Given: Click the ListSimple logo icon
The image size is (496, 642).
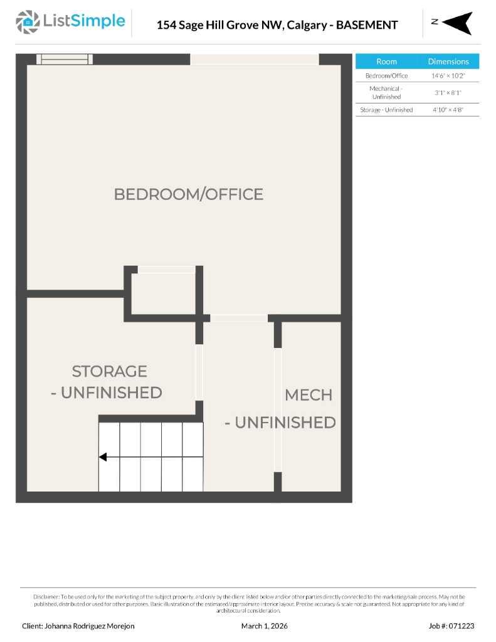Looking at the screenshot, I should [27, 22].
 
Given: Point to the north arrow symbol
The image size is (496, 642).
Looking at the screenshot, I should [457, 23].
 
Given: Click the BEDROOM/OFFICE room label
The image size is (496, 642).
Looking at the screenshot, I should [188, 194].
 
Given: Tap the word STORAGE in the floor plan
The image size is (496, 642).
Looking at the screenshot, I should [109, 371].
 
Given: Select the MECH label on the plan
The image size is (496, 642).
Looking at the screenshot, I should [308, 395].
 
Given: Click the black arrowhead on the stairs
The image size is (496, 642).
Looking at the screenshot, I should [103, 457].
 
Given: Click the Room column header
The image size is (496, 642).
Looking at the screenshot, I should [386, 61].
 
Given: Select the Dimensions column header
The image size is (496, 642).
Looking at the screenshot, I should [448, 61].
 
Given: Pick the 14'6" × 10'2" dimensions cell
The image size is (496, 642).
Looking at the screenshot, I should [448, 76].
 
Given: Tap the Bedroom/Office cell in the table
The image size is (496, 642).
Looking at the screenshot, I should [386, 76].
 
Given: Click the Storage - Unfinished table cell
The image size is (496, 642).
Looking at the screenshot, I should [386, 110].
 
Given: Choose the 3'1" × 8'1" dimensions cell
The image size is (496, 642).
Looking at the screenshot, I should [448, 93].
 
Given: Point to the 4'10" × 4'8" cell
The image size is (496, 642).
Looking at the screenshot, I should [448, 110].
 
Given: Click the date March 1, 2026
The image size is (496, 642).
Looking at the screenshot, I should [264, 626].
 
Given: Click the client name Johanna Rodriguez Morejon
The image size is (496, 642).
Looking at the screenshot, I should [78, 626].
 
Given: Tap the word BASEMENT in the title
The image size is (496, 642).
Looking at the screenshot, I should [367, 25].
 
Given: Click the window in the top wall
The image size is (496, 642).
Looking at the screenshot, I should [64, 60].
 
